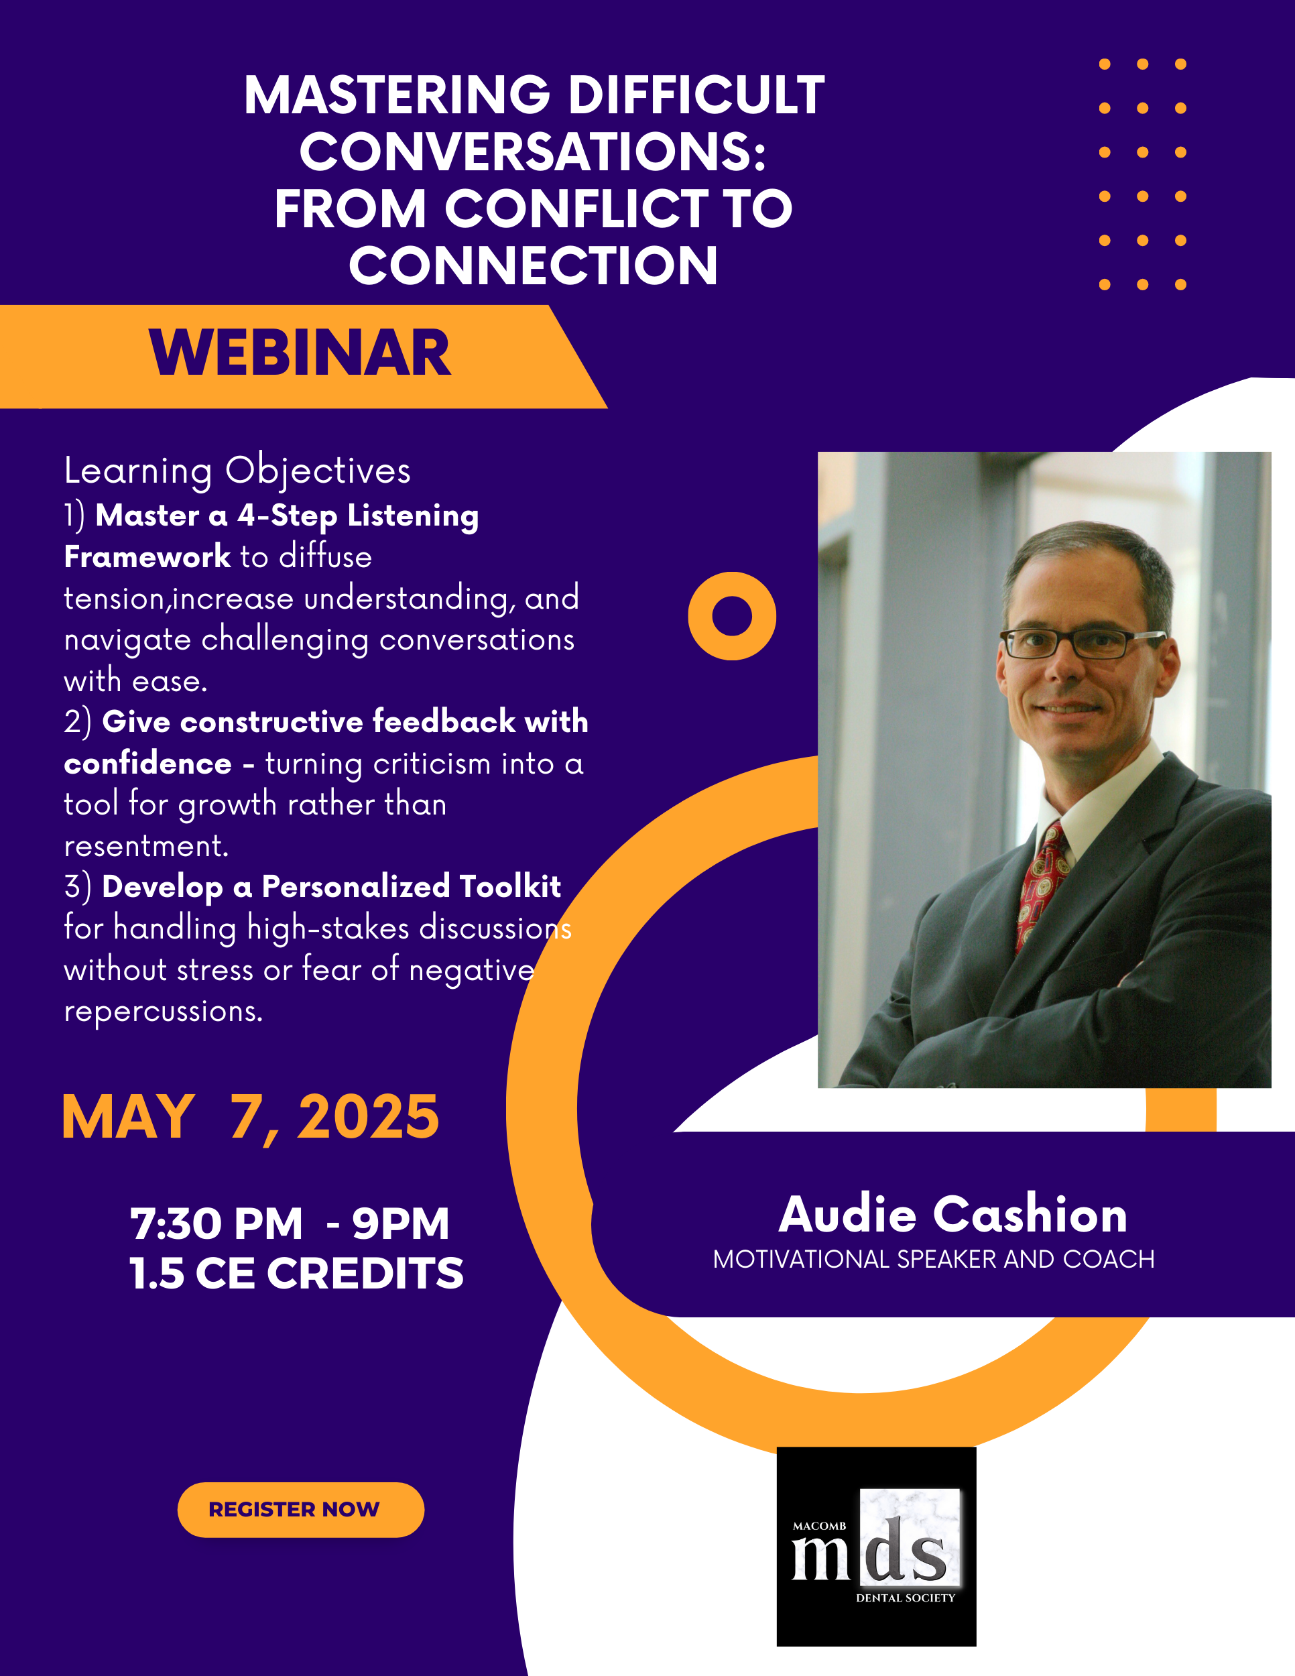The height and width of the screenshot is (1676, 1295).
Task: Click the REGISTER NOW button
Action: pyautogui.click(x=301, y=1510)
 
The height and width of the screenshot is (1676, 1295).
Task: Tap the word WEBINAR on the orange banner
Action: pyautogui.click(x=300, y=354)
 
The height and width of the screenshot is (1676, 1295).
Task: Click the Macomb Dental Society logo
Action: pyautogui.click(x=876, y=1547)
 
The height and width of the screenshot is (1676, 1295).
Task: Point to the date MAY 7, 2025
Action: pyautogui.click(x=250, y=1118)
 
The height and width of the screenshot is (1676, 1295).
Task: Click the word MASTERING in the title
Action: pyautogui.click(x=397, y=95)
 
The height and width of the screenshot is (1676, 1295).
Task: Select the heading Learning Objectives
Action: pyautogui.click(x=238, y=471)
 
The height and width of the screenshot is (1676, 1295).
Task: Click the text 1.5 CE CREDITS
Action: pyautogui.click(x=296, y=1273)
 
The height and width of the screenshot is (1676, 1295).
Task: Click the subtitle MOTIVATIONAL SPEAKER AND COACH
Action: pyautogui.click(x=934, y=1259)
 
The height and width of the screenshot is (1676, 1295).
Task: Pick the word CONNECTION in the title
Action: pyautogui.click(x=533, y=266)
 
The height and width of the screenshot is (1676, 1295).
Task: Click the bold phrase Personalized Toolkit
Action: pyautogui.click(x=411, y=887)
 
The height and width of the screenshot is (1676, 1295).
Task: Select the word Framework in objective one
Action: pyautogui.click(x=147, y=556)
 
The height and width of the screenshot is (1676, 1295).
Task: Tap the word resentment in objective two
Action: pyautogui.click(x=145, y=845)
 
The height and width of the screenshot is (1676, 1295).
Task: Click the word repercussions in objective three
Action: pyautogui.click(x=163, y=1012)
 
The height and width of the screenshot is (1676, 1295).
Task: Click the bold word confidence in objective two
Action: pyautogui.click(x=147, y=764)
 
